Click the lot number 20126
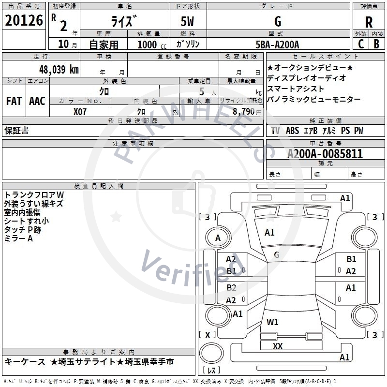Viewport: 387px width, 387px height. (x=24, y=21)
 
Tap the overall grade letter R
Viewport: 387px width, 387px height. (x=369, y=22)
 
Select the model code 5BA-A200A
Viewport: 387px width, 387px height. (x=277, y=45)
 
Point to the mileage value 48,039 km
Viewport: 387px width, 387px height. (x=53, y=69)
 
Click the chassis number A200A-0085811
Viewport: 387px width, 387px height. (x=325, y=154)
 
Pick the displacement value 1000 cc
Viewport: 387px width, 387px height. (x=148, y=45)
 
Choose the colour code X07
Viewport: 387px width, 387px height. (x=81, y=111)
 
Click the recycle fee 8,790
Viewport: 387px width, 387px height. (x=244, y=111)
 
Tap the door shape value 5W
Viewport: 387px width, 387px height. (x=188, y=22)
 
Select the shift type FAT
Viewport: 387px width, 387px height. (x=14, y=101)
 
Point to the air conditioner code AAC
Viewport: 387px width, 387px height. (x=37, y=101)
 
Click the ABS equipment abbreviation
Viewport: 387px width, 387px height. (x=292, y=131)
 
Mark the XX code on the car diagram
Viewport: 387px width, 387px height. (x=278, y=346)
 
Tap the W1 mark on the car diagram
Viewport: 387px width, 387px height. (x=272, y=322)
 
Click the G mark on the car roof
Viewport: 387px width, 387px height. (x=277, y=254)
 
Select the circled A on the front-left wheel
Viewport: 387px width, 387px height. (x=218, y=238)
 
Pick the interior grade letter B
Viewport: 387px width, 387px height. (x=376, y=44)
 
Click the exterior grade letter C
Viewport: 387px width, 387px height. (x=361, y=44)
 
